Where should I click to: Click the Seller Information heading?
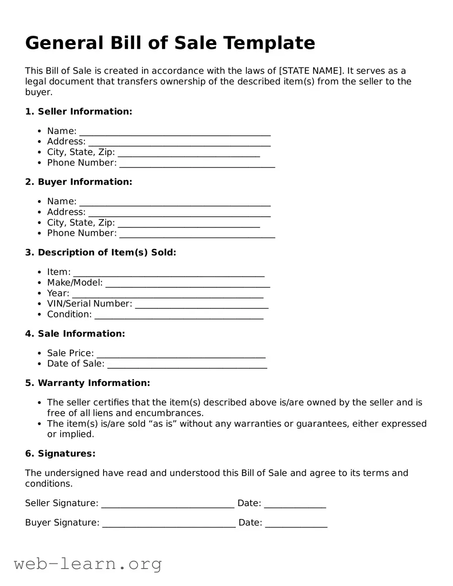(x=79, y=111)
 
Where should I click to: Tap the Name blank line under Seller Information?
(x=175, y=132)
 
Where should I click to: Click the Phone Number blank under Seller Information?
(x=197, y=164)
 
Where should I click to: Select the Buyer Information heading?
(x=79, y=182)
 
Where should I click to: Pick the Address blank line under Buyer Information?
(x=179, y=213)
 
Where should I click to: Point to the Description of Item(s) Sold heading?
(x=101, y=252)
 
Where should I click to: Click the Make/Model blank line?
(x=188, y=284)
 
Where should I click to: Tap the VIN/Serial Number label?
(x=90, y=303)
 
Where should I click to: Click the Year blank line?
(x=168, y=294)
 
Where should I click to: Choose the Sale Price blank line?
(x=181, y=354)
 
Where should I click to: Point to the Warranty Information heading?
(x=87, y=383)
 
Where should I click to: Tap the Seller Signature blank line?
(x=168, y=504)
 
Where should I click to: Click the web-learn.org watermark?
(x=88, y=564)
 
